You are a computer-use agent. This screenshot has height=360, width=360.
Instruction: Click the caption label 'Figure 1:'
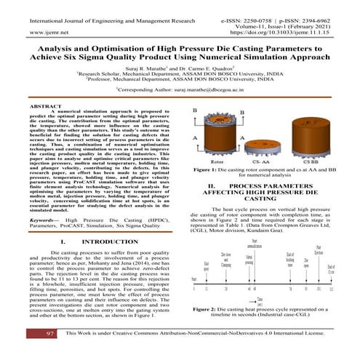(207, 169)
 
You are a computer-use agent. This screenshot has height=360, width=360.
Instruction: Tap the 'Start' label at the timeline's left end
(193, 279)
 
